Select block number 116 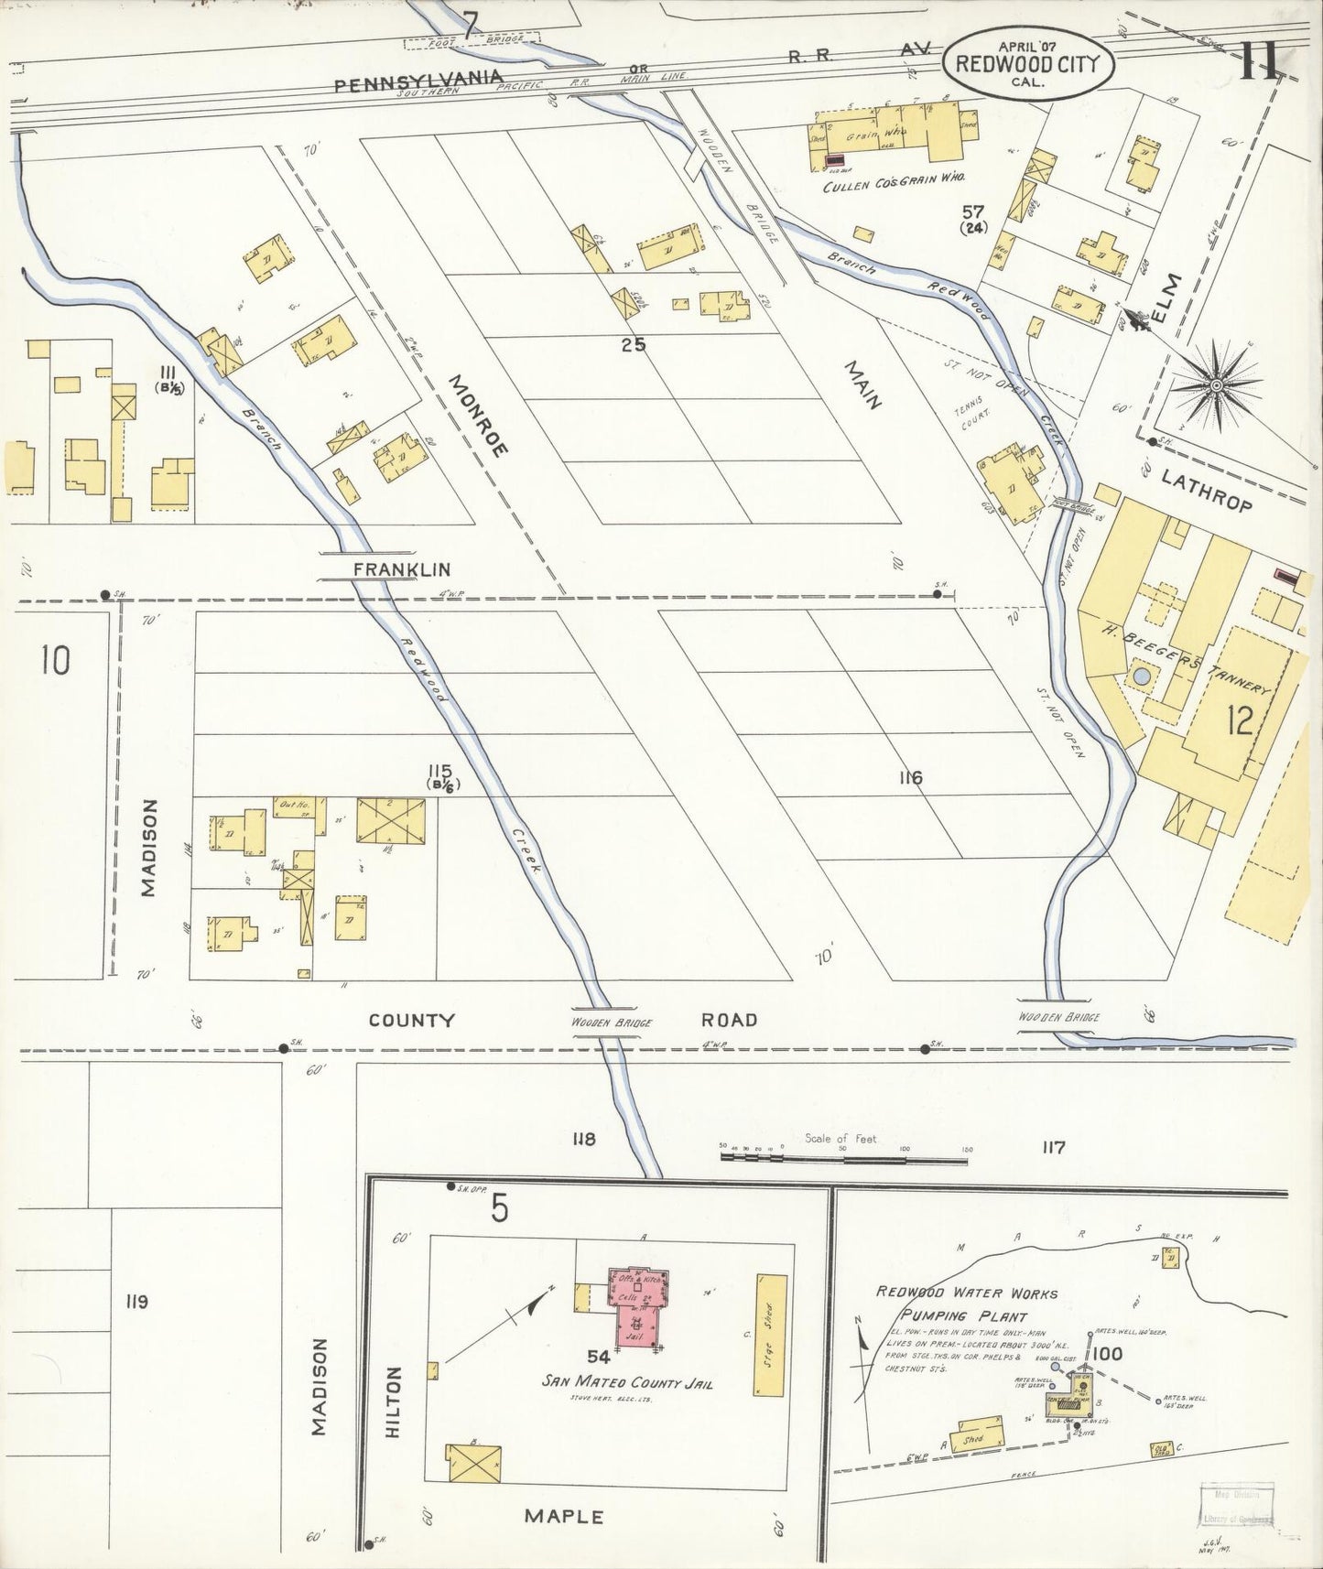pos(910,778)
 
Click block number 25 pos(633,344)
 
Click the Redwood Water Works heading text pos(967,1293)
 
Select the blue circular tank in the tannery pos(1142,677)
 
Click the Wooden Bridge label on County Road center pos(611,1023)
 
